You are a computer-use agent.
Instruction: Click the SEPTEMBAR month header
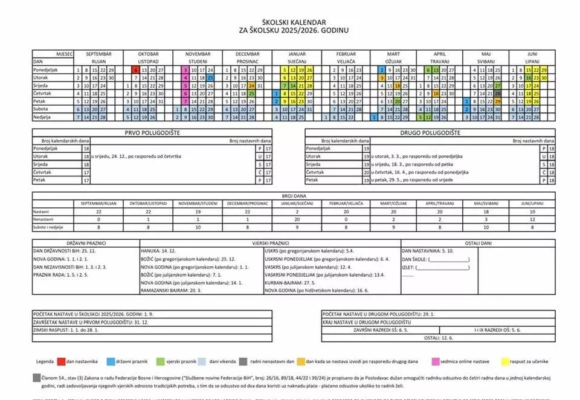pos(98,54)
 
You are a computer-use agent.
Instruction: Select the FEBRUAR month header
pos(346,54)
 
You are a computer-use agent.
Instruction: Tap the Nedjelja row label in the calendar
pos(42,117)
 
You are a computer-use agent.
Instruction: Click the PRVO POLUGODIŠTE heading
pos(152,132)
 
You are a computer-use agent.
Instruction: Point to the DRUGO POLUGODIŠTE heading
pos(430,132)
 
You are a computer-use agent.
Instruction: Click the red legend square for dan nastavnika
pos(61,361)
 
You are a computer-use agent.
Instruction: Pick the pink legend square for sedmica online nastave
pos(436,361)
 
